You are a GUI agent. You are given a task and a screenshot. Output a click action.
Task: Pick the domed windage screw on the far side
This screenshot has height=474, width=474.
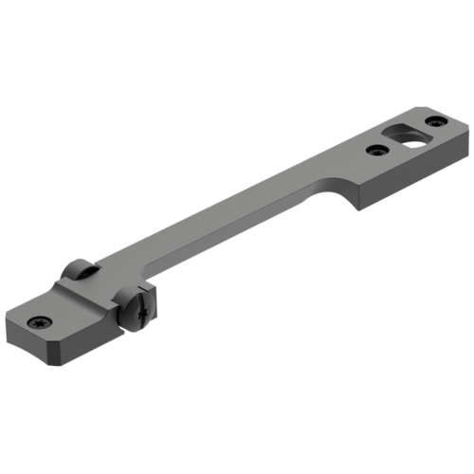coord(81,271)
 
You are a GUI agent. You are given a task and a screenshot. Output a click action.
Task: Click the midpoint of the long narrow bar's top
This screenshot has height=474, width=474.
coord(237,218)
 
